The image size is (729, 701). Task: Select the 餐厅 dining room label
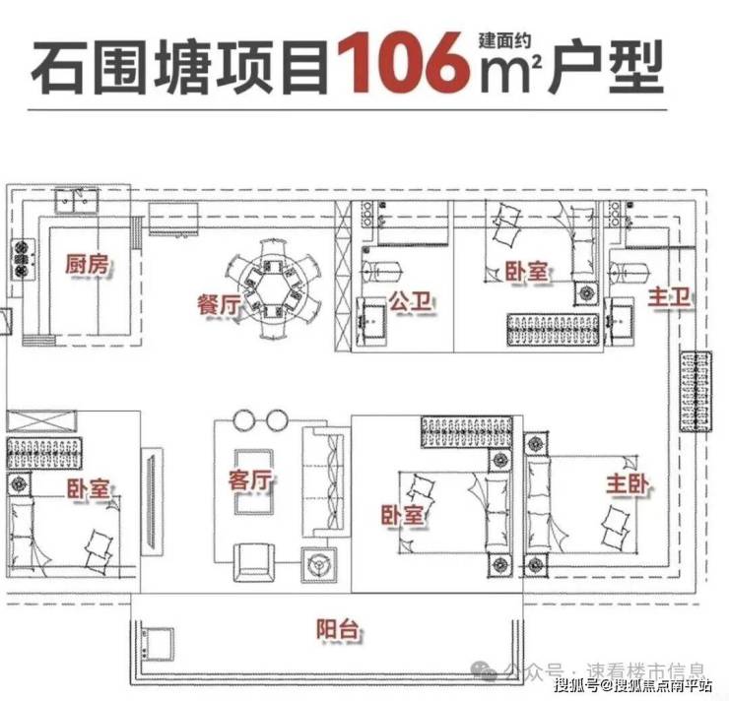[x=219, y=304]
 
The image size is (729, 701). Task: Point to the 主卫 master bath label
[x=669, y=298]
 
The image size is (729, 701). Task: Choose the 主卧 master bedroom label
[x=628, y=485]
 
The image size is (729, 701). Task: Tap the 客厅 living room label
[x=250, y=480]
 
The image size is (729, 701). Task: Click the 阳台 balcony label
[x=337, y=630]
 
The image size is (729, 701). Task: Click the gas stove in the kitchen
[x=21, y=259]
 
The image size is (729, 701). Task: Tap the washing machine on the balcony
[x=157, y=638]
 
